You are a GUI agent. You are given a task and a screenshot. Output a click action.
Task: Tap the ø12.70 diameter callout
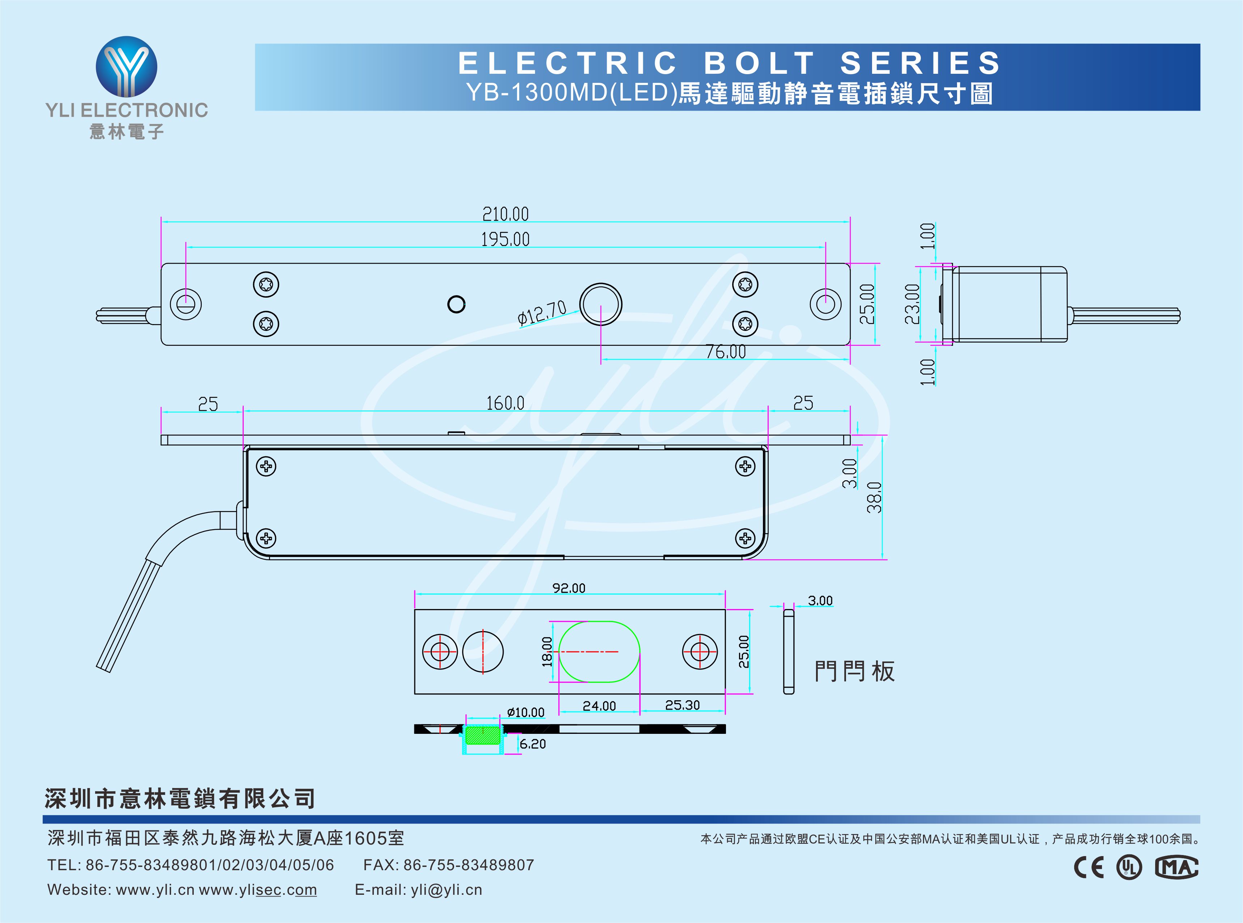click(x=542, y=312)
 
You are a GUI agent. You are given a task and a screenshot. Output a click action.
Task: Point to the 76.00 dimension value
click(x=725, y=352)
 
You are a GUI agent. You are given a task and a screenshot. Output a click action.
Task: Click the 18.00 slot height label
click(x=547, y=651)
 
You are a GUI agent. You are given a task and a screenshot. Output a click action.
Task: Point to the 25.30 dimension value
click(x=682, y=705)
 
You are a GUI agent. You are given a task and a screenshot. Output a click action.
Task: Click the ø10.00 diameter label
click(x=525, y=713)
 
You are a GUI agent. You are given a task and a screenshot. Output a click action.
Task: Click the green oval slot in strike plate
click(x=599, y=651)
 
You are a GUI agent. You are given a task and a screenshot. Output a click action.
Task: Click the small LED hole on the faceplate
click(x=456, y=305)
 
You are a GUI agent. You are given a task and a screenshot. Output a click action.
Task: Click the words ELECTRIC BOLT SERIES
click(x=729, y=63)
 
